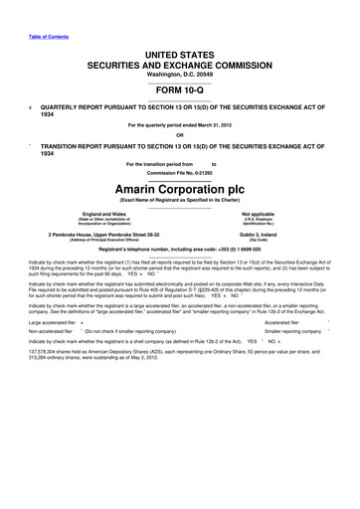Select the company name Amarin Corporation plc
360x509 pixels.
click(179, 186)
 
